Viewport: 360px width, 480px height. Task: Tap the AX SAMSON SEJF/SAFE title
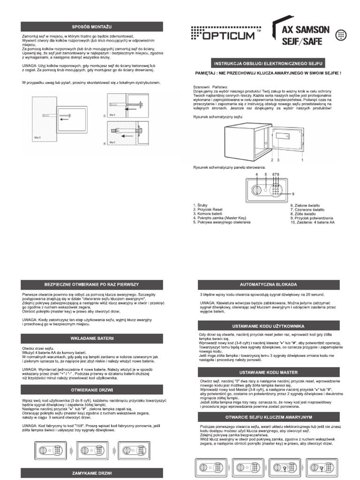coord(306,34)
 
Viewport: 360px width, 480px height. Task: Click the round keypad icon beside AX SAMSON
coord(341,35)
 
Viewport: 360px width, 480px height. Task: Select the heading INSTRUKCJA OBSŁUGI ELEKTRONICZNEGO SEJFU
coord(268,63)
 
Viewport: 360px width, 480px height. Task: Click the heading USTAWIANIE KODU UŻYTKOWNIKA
coord(268,325)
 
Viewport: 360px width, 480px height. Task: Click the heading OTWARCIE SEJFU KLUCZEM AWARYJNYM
coord(268,417)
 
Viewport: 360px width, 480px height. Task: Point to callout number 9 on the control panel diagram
coord(293,194)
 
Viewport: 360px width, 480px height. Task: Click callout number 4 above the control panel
coord(256,174)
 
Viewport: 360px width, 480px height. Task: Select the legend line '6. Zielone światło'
coord(307,205)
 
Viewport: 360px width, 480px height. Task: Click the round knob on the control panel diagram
coord(257,191)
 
